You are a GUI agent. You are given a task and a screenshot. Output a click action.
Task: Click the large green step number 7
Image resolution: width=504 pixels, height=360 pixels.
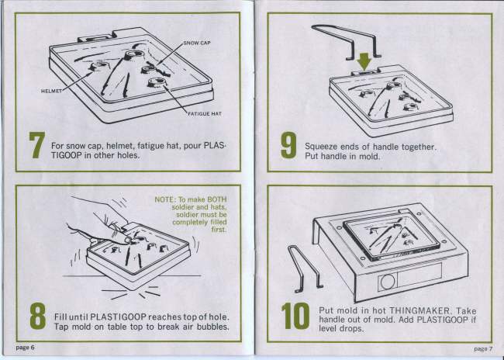tap(37, 145)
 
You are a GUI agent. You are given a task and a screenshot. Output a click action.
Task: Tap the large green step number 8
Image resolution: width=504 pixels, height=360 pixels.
tap(38, 316)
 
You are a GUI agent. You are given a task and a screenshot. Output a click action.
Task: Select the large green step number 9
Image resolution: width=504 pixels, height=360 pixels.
tap(288, 145)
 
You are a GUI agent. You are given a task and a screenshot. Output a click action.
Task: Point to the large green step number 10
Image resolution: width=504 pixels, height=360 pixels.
tap(295, 316)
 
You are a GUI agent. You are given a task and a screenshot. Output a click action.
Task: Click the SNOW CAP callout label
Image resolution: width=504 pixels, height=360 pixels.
tap(197, 43)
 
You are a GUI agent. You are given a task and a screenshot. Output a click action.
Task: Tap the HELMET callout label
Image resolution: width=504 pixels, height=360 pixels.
tap(51, 91)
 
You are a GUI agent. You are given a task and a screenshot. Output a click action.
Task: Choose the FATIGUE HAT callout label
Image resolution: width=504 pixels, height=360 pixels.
tap(205, 113)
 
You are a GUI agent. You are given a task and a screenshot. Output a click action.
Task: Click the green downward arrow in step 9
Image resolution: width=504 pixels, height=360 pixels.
tap(364, 61)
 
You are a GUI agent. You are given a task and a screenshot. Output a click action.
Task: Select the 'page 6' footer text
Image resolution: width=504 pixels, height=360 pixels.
tap(25, 348)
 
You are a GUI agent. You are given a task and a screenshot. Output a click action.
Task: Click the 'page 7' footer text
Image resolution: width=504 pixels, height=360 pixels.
tap(483, 348)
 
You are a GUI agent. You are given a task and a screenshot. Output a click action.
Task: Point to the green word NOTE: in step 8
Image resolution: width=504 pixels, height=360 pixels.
tap(165, 199)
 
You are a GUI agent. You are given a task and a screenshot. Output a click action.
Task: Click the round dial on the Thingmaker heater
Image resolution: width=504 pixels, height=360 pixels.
tap(388, 282)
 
